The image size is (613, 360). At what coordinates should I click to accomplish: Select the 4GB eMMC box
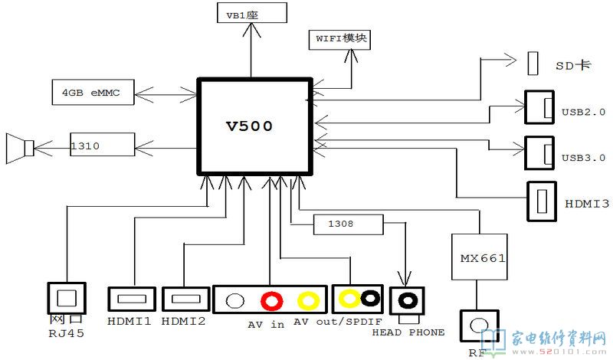(x=92, y=94)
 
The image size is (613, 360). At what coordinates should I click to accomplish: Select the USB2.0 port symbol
(x=539, y=109)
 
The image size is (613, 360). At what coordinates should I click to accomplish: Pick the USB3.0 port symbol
(x=539, y=152)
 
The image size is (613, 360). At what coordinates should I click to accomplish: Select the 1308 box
(x=348, y=224)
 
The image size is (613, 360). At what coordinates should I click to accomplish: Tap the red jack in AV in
(x=269, y=299)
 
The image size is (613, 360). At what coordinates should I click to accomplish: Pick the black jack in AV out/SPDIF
(x=371, y=298)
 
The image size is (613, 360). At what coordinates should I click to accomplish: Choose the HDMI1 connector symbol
(x=132, y=299)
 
